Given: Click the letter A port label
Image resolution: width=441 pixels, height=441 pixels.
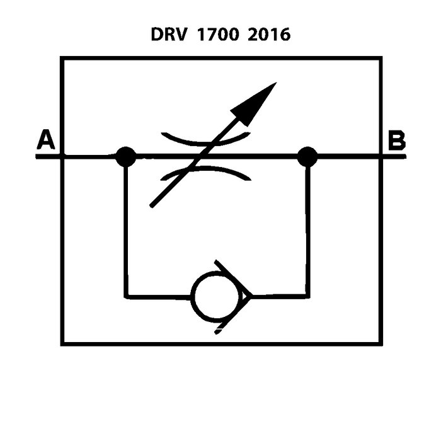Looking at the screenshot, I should click(45, 140).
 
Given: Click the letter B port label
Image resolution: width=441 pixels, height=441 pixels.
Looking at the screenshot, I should click(396, 140).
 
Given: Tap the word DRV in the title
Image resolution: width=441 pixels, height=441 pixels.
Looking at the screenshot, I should click(168, 34).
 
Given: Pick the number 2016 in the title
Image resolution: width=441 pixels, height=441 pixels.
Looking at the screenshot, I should click(269, 34).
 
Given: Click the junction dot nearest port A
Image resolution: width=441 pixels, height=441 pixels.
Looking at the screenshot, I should click(126, 156).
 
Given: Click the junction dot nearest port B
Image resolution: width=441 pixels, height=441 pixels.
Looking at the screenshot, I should click(307, 156).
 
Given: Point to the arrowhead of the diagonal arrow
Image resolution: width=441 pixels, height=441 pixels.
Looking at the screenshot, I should click(258, 100).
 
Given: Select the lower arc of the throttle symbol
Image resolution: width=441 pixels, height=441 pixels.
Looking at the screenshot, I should click(206, 171).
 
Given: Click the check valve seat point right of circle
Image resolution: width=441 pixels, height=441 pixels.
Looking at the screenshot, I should click(250, 295).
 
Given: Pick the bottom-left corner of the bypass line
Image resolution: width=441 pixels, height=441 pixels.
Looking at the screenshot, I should click(126, 295).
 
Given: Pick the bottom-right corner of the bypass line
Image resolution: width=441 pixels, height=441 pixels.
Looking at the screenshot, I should click(308, 295).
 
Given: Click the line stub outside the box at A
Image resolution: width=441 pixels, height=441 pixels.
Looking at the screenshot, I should click(48, 156).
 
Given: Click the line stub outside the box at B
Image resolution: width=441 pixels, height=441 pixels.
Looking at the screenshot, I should click(393, 156).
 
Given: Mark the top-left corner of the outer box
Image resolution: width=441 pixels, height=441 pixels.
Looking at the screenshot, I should click(62, 59).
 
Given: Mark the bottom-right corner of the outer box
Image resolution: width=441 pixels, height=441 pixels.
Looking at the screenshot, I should click(381, 343).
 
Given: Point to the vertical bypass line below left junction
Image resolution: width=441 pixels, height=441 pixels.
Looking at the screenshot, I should click(126, 227).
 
